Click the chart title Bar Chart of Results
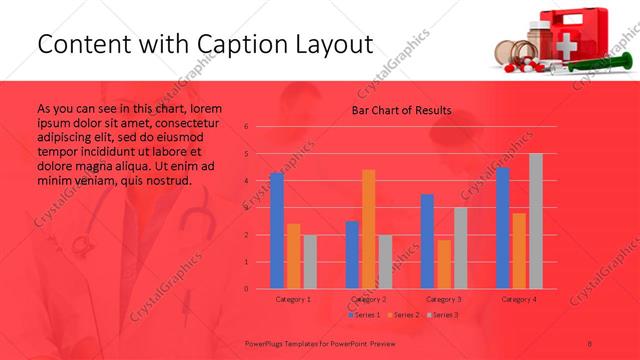tap(401, 110)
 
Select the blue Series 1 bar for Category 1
tap(277, 231)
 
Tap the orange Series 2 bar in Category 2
tap(369, 229)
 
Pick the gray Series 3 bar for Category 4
tap(536, 221)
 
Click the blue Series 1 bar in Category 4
tap(503, 228)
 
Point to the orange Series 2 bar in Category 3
tap(444, 264)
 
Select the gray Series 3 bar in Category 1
tap(310, 262)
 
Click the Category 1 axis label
tap(293, 299)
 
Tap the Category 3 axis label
tap(444, 299)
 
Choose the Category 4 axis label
tap(519, 299)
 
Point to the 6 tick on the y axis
tap(246, 127)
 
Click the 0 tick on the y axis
tap(246, 288)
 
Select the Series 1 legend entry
tap(365, 315)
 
